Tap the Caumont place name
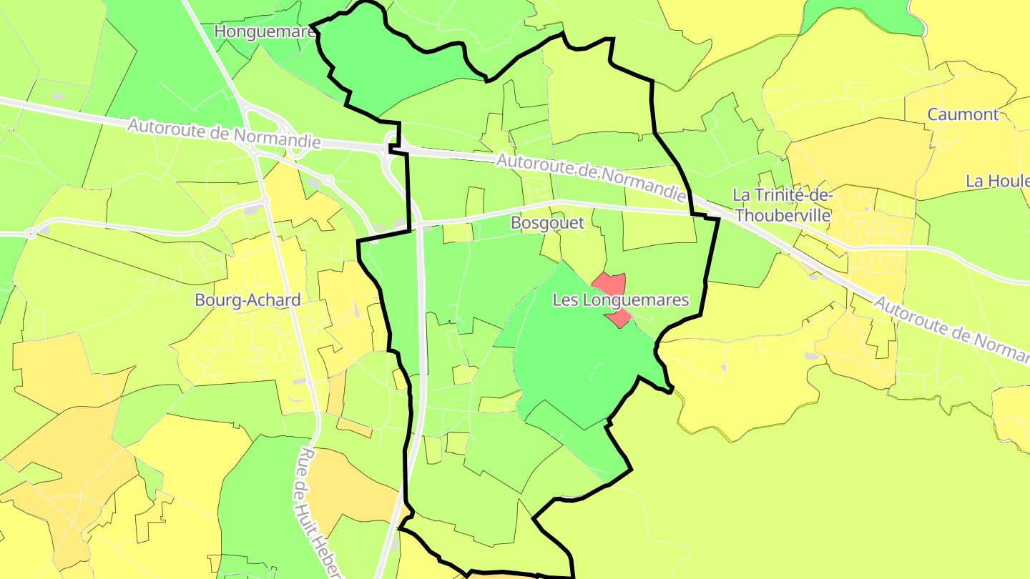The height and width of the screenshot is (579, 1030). click(x=963, y=114)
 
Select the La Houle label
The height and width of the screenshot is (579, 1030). click(x=997, y=181)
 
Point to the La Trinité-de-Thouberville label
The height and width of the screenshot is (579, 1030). click(x=783, y=205)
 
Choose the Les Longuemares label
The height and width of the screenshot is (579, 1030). click(x=620, y=300)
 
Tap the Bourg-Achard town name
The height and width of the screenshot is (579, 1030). click(x=247, y=300)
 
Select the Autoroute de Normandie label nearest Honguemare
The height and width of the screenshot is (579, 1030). click(x=224, y=134)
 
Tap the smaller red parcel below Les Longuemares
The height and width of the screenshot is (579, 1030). click(x=620, y=319)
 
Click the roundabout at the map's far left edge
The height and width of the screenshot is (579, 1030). click(x=31, y=233)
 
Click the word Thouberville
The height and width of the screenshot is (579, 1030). click(x=783, y=215)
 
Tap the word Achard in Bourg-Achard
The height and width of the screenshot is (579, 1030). click(x=274, y=300)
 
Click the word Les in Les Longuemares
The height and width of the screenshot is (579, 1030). click(x=563, y=300)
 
